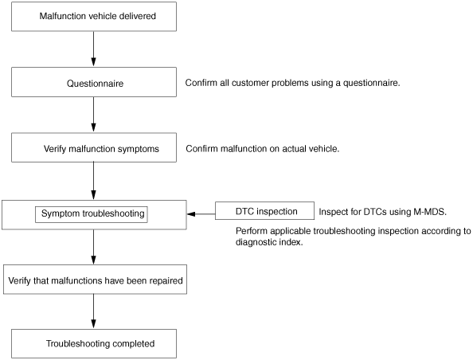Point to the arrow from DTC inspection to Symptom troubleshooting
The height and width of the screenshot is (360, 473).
click(201, 214)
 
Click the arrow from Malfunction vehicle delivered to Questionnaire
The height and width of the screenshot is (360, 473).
click(93, 49)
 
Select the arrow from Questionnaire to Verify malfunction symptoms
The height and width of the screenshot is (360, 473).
click(93, 115)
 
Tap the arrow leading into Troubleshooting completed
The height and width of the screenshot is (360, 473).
click(93, 311)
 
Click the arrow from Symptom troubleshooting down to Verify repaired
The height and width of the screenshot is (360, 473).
click(93, 247)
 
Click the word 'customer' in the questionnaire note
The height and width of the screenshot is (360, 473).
click(250, 83)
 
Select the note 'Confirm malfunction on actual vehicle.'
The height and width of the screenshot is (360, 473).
click(263, 149)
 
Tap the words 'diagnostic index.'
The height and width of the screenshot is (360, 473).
click(269, 242)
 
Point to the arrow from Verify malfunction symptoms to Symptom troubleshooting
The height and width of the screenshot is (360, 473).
click(93, 181)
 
